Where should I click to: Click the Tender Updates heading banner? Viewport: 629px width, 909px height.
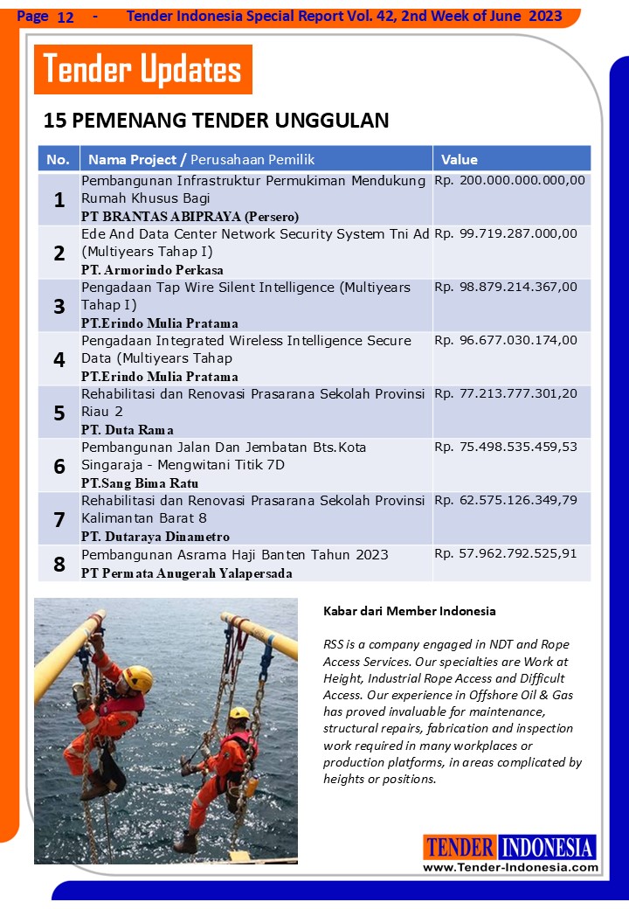click(x=142, y=70)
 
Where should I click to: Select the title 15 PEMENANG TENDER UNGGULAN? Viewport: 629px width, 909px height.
click(x=216, y=120)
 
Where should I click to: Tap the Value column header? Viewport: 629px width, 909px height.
click(x=460, y=159)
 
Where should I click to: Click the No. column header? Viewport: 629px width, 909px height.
click(x=58, y=159)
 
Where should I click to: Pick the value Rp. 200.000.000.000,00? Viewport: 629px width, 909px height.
click(x=509, y=180)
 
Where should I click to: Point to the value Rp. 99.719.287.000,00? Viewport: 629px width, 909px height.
click(x=506, y=233)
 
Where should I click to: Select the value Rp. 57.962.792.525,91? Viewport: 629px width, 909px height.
click(x=506, y=553)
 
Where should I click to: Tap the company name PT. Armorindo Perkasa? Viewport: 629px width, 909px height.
click(x=152, y=270)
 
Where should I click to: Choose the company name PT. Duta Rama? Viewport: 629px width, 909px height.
click(x=128, y=430)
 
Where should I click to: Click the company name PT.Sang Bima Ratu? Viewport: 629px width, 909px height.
click(x=140, y=483)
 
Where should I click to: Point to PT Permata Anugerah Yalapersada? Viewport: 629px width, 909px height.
click(x=187, y=573)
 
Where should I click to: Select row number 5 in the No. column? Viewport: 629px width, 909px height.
click(x=59, y=413)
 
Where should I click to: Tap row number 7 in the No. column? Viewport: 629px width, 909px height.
click(x=59, y=519)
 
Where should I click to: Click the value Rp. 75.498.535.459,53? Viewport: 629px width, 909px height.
click(x=506, y=447)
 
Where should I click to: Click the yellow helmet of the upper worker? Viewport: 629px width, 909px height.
click(x=137, y=677)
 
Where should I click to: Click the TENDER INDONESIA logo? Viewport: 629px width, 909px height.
click(x=509, y=847)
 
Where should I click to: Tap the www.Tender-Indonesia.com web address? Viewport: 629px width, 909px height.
click(x=510, y=867)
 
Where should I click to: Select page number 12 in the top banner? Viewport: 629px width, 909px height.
click(x=66, y=17)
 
